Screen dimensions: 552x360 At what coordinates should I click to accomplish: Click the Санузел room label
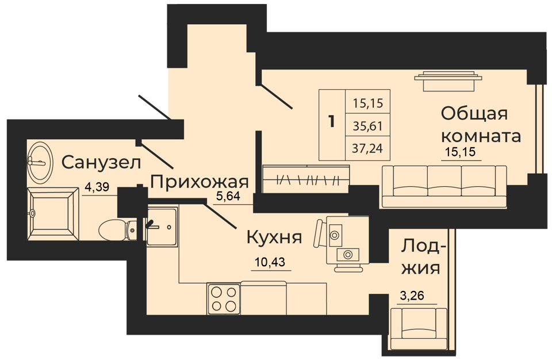[x=101, y=162]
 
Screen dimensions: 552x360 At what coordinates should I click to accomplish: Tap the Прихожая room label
[x=200, y=182]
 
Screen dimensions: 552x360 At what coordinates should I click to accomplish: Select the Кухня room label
[x=274, y=237]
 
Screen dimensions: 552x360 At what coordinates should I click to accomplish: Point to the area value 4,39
[x=97, y=187]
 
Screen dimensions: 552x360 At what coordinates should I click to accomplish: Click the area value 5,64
[x=228, y=196]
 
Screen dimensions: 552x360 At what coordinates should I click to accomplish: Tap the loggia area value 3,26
[x=413, y=296]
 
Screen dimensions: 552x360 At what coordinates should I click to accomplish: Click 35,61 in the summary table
[x=367, y=126]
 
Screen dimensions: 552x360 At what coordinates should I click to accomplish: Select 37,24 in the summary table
[x=367, y=148]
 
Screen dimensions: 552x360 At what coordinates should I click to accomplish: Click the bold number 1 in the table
[x=331, y=121]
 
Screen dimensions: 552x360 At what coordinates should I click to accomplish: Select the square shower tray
[x=53, y=213]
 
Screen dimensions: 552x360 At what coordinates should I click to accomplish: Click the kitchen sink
[x=161, y=227]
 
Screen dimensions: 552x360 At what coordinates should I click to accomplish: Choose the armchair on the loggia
[x=419, y=329]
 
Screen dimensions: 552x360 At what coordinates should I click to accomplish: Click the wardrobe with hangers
[x=306, y=179]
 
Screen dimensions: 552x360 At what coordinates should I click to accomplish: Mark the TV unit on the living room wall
[x=448, y=81]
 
